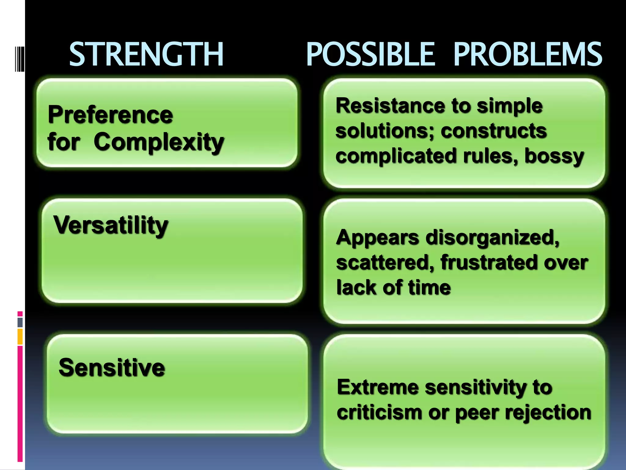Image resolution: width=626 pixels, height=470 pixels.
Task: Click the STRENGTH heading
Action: pyautogui.click(x=146, y=54)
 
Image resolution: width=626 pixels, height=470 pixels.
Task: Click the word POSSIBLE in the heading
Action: pyautogui.click(x=370, y=54)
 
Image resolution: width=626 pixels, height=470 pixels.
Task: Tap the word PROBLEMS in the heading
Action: pyautogui.click(x=528, y=54)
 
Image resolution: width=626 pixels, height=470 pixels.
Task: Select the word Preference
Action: pyautogui.click(x=110, y=115)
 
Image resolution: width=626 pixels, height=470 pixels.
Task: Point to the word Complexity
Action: pyautogui.click(x=159, y=142)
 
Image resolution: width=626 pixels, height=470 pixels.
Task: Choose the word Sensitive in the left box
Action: pyautogui.click(x=112, y=367)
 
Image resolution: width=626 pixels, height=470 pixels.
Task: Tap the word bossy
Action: pyautogui.click(x=554, y=156)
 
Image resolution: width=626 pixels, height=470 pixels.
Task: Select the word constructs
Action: pyautogui.click(x=494, y=131)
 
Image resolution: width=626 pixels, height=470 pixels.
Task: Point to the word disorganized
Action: pyautogui.click(x=492, y=237)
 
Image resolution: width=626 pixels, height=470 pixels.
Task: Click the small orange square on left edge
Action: pyautogui.click(x=20, y=337)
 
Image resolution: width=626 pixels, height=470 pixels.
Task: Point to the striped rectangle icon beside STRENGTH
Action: pyautogui.click(x=19, y=58)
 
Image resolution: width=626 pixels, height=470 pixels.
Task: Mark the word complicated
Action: pyautogui.click(x=396, y=156)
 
